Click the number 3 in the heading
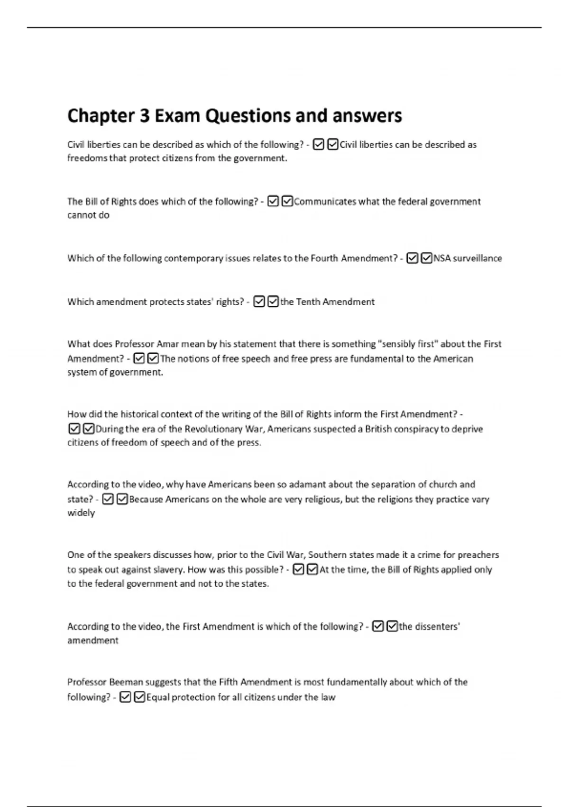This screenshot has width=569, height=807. click(144, 116)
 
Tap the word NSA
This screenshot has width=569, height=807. click(442, 258)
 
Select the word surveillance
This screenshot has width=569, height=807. click(477, 258)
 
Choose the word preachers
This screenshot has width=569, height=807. click(478, 555)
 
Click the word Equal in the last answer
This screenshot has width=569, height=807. click(157, 697)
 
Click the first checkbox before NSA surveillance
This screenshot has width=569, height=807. click(413, 258)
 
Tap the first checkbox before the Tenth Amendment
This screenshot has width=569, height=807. click(259, 302)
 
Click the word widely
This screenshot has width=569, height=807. click(81, 513)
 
